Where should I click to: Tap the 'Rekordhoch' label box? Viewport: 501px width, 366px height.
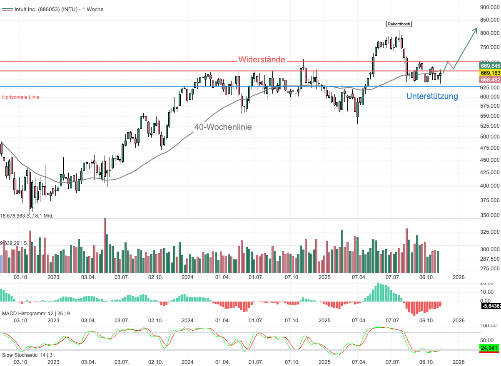[399, 24]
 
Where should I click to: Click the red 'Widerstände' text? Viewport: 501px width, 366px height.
[262, 59]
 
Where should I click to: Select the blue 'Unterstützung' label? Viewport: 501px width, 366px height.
[432, 96]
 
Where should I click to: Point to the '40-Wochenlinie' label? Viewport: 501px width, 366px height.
[223, 127]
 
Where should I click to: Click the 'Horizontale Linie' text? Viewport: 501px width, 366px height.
[21, 97]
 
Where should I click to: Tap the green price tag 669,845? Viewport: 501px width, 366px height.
[490, 66]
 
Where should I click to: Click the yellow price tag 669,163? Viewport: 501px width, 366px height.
[490, 72]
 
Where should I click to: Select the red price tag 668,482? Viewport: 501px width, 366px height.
[490, 79]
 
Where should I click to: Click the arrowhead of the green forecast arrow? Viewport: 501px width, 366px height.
[476, 29]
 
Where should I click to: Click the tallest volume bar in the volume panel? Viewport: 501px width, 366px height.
[105, 245]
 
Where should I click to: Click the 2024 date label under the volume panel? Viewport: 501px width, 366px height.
[187, 277]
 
